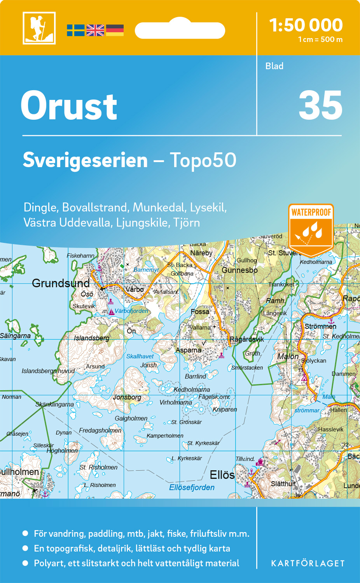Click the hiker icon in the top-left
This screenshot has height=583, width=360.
[x=39, y=28]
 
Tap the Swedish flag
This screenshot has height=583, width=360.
[x=75, y=30]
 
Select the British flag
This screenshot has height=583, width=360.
[x=95, y=30]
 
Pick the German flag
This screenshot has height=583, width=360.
[x=115, y=30]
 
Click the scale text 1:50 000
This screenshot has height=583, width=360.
[x=306, y=26]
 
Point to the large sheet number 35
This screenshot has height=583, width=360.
[x=320, y=106]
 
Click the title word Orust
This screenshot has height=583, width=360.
[x=69, y=106]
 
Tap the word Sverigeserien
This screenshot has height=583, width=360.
[x=85, y=161]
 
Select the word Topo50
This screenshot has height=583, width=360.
[x=203, y=161]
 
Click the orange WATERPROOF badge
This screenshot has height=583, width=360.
[x=311, y=229]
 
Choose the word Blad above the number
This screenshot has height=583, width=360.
[x=274, y=66]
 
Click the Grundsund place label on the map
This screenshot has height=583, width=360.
[x=61, y=283]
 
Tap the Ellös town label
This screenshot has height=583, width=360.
[x=222, y=475]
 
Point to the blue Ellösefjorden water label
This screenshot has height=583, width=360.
[x=192, y=487]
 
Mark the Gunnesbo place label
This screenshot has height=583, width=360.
[x=239, y=270]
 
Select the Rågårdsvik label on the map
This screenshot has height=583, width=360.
[x=247, y=339]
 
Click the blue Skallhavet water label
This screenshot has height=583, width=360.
[x=140, y=356]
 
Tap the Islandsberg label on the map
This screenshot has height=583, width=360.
[x=92, y=338]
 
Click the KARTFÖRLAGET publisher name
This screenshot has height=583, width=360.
[x=308, y=564]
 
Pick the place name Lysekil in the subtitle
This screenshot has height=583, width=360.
[x=208, y=208]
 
